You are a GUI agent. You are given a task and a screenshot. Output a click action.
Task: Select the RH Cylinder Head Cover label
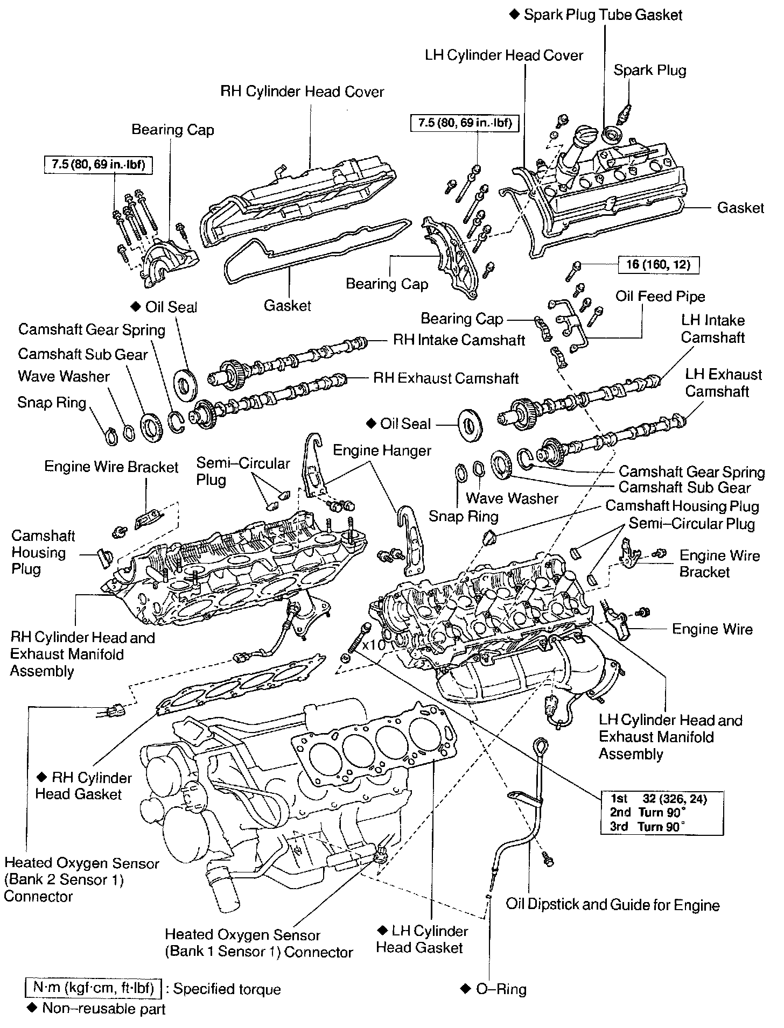point(302,91)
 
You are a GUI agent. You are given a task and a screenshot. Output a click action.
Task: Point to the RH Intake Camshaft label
point(459,340)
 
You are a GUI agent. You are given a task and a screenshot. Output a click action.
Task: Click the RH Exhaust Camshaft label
point(446,378)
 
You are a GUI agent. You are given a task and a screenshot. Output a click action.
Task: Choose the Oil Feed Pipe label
point(660,297)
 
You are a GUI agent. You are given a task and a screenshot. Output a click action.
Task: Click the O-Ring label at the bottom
point(501,989)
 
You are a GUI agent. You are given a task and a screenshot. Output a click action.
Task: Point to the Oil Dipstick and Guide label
point(613,905)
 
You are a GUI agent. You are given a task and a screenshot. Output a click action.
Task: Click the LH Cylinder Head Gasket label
point(422,939)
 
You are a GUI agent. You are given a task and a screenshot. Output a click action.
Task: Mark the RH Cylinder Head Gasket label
point(83,786)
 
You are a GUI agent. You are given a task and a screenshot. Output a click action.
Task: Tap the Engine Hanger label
point(382,450)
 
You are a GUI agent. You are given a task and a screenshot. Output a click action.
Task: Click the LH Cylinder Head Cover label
point(503,55)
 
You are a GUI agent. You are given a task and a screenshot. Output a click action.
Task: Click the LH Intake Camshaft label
point(712,329)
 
